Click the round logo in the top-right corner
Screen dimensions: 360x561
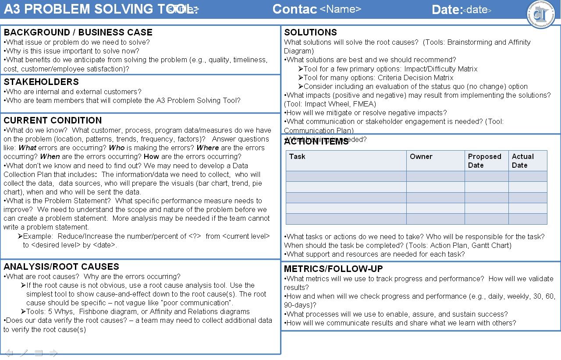coord(540,14)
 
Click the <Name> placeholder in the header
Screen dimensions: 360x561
coord(341,9)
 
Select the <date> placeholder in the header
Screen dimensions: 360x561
coord(477,10)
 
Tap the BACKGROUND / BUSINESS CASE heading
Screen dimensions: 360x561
coord(78,32)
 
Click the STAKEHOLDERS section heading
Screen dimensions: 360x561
coord(41,82)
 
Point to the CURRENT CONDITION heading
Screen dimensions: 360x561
coord(53,120)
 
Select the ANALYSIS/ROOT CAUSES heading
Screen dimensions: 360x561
coord(61,267)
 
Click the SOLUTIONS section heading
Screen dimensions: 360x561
coord(310,32)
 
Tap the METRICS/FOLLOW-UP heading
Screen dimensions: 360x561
coord(333,269)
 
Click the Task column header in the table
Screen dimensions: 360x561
coord(297,157)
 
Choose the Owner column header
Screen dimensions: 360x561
coord(421,157)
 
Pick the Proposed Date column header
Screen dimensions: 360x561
coord(484,161)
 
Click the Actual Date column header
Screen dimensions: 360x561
coord(522,161)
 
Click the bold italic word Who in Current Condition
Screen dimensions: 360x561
coord(117,148)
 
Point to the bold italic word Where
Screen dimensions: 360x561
coord(207,148)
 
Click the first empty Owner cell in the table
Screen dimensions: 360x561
coord(435,176)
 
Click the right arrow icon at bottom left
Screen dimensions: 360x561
coord(53,353)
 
